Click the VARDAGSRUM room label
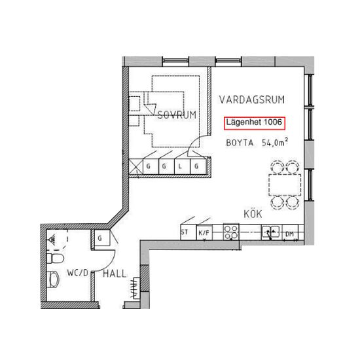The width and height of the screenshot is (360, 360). [x=252, y=99]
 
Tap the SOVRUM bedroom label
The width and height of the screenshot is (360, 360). [x=177, y=115]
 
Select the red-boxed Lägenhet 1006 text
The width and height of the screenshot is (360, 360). [x=255, y=123]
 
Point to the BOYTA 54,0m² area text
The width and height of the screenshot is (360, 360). [x=257, y=142]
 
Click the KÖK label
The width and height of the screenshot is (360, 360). [x=253, y=214]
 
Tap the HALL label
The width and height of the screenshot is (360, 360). [x=115, y=274]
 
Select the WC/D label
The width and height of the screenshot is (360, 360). [x=78, y=273]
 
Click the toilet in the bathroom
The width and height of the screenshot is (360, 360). [x=55, y=259]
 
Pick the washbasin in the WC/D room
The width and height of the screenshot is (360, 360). [x=54, y=279]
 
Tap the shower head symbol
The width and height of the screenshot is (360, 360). [x=52, y=239]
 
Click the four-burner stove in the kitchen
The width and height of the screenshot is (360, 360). [x=231, y=232]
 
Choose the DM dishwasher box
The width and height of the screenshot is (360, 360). [x=290, y=232]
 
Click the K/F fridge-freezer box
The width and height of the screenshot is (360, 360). [x=204, y=232]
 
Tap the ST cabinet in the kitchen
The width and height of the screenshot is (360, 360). [x=188, y=232]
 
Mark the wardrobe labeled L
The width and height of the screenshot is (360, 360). [x=183, y=166]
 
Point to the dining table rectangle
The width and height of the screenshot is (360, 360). [x=285, y=185]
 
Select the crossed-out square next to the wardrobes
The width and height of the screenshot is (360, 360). [x=136, y=166]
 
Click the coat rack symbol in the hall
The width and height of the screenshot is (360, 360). [x=135, y=288]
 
